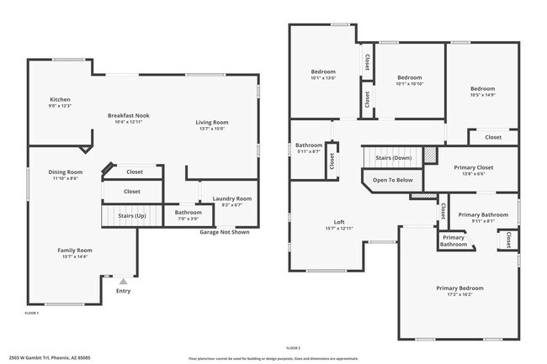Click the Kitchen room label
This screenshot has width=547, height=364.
click(60, 99)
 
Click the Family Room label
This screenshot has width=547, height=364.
click(74, 251)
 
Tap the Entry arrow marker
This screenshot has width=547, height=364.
click(124, 282)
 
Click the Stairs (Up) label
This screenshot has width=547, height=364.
click(131, 216)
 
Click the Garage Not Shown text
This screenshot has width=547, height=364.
click(224, 232)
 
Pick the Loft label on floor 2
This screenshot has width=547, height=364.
click(339, 223)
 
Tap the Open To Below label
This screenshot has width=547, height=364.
click(392, 180)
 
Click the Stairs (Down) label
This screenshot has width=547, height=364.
click(392, 157)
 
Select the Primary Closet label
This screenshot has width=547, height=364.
click(474, 167)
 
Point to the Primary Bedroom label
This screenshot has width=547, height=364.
click(459, 288)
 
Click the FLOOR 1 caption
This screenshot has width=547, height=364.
click(32, 313)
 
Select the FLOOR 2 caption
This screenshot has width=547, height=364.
click(293, 347)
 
